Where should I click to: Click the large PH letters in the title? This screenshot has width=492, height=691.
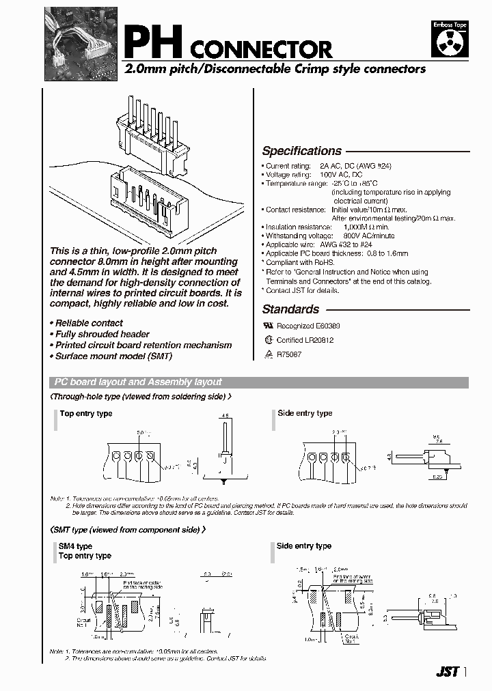point(152,42)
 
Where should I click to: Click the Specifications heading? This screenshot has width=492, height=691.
point(301,152)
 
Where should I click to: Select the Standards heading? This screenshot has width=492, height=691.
point(290,309)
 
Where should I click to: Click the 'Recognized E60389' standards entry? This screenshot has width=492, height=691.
point(307,326)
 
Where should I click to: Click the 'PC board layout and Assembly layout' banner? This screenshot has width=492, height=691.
point(137,382)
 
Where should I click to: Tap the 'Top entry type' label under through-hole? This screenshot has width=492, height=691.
point(85,414)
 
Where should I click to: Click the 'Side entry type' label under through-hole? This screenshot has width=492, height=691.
point(305,413)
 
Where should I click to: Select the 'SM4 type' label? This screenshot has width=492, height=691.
point(75,546)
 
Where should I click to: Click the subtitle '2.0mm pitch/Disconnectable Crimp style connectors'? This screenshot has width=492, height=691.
point(274,69)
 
